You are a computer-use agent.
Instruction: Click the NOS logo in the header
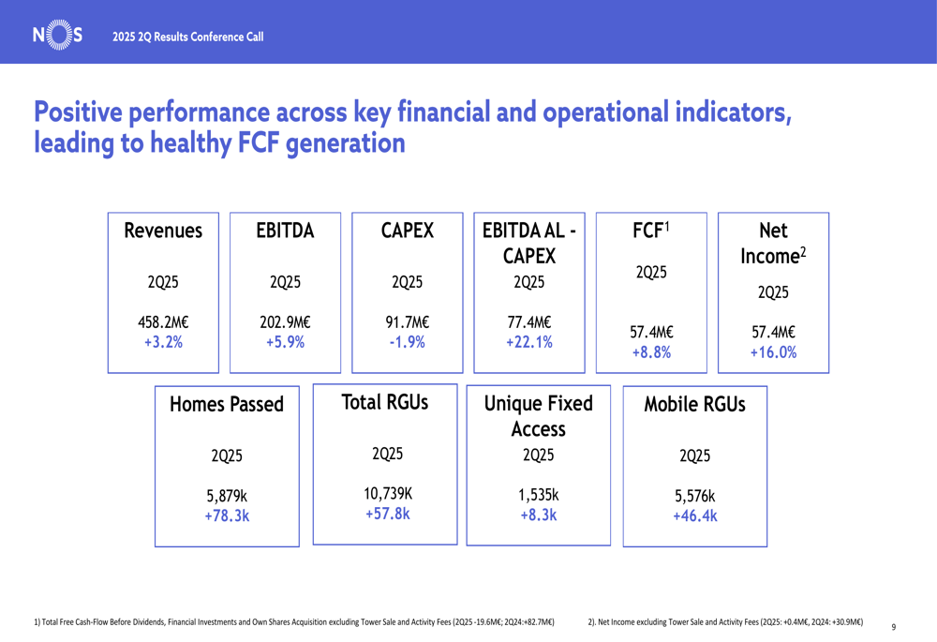point(57,36)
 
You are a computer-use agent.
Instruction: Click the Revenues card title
point(163,231)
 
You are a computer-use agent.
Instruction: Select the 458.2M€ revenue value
point(163,322)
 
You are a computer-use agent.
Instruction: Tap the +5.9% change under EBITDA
point(285,342)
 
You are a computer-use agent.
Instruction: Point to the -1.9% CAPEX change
point(407,342)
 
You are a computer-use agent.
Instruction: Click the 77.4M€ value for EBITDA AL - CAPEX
point(529,322)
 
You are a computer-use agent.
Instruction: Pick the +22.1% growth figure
point(529,342)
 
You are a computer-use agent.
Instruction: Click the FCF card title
point(651,231)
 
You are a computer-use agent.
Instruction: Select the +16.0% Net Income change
point(773,352)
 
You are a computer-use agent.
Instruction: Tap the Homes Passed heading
point(227,405)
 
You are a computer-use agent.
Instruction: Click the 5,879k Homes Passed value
point(227,496)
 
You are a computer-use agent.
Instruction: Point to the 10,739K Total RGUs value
point(388,494)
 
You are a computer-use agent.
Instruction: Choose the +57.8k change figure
point(388,515)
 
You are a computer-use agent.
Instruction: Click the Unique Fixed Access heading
point(539,416)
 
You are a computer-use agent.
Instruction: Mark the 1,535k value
point(539,495)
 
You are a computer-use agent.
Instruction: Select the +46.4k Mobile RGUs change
point(695,515)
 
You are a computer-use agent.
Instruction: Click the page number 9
point(894,627)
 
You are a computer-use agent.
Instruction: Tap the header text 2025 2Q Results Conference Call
point(187,37)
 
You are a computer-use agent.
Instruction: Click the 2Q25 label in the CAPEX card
point(407,282)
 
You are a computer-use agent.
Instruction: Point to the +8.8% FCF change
point(651,352)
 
